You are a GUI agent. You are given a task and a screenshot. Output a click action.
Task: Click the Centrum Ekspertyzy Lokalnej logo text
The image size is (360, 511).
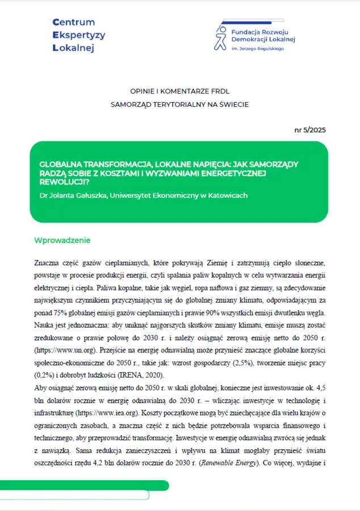(78, 35)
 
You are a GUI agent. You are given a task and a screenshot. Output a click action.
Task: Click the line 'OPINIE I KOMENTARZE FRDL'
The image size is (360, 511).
(179, 91)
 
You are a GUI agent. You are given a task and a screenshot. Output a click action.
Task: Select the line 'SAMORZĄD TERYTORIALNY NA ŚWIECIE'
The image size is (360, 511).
(179, 104)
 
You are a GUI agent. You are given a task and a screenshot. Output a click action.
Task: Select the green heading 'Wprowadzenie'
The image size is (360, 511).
(62, 240)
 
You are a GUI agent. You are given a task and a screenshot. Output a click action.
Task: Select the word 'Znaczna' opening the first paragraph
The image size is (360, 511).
(48, 263)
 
